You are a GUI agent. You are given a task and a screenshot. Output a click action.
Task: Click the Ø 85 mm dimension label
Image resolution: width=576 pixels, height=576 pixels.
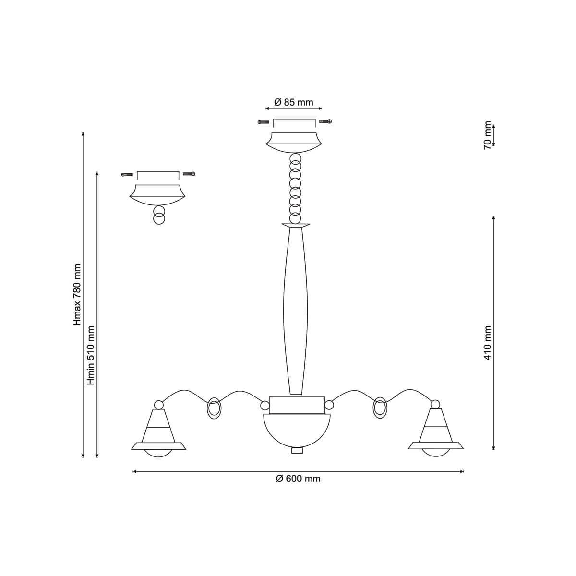[x=294, y=103]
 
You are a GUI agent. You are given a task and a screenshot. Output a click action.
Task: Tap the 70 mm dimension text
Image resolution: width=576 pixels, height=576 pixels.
[x=488, y=135]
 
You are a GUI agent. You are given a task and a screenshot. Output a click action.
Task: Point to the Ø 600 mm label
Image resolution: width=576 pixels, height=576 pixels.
[x=298, y=479]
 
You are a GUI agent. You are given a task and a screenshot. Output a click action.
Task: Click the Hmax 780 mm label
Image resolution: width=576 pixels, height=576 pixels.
[x=77, y=295]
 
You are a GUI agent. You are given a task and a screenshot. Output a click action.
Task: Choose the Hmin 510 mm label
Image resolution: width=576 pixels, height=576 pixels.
[x=90, y=355]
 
